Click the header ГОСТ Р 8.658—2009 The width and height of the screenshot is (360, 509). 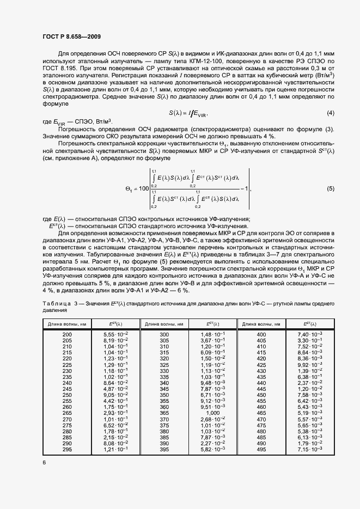point(71,37)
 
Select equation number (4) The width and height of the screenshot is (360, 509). point(330,113)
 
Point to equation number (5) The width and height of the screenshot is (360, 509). point(330,188)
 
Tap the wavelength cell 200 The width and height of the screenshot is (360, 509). point(67,333)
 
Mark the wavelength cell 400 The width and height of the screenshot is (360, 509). point(261,333)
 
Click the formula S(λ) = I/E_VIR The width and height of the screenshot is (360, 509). point(188,113)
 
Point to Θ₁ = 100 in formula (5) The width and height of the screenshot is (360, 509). point(137,188)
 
